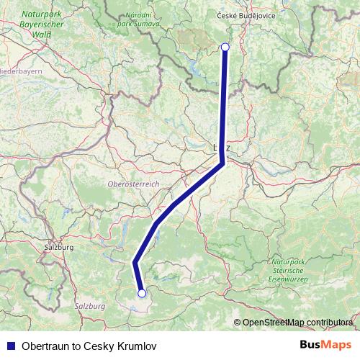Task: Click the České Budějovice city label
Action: point(246,15)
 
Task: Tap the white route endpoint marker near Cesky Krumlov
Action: point(225,47)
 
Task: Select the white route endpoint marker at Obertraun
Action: point(142,293)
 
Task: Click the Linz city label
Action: point(222,147)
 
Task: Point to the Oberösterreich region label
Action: point(133,185)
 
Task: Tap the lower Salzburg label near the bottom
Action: point(90,307)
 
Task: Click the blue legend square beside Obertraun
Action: point(10,346)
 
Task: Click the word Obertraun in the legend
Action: point(47,346)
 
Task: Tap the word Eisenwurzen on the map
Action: point(290,278)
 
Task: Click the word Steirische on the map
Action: point(290,269)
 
